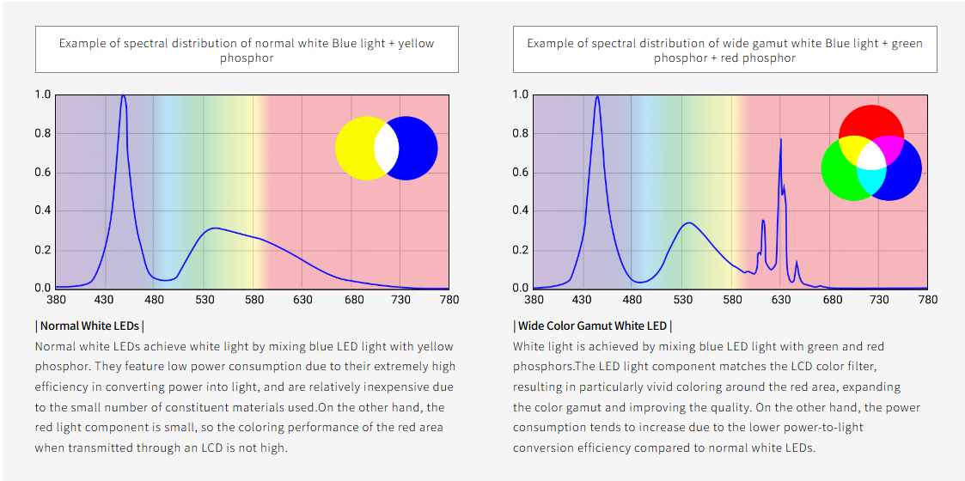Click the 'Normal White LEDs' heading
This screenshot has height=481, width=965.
(89, 326)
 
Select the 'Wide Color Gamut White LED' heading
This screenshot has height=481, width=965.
(592, 326)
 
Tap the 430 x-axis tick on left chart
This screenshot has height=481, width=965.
(105, 300)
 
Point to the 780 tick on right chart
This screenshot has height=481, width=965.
(928, 300)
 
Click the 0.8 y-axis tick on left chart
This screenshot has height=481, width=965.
(42, 133)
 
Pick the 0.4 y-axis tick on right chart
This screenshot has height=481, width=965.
(520, 210)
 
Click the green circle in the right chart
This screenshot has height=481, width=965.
(842, 172)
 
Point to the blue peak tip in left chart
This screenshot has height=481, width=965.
(123, 95)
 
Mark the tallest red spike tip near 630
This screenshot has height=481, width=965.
(780, 139)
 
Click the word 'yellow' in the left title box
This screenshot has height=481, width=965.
(412, 43)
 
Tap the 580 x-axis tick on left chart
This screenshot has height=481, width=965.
(253, 300)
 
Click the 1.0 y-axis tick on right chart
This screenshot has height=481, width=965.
(520, 94)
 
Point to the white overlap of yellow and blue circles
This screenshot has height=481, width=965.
(386, 149)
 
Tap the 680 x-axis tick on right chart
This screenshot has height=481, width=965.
(830, 300)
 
